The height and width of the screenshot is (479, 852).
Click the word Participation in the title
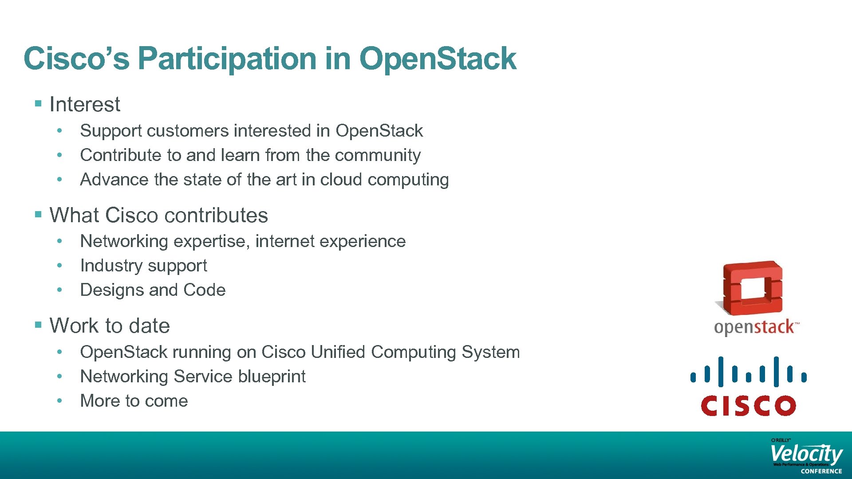pos(228,59)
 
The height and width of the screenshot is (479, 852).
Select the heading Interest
pos(84,105)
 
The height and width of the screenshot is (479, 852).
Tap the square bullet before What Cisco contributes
pos(38,215)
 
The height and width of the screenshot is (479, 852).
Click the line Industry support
pos(143,266)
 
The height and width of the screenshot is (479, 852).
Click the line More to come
pos(134,401)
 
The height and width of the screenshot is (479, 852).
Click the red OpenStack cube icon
pos(752,288)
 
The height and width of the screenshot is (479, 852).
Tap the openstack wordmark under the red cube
pos(755,327)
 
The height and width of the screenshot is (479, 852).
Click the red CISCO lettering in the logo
pos(748,405)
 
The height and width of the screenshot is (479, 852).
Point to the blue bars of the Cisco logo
pos(748,372)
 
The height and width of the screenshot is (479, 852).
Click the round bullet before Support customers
pos(59,131)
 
